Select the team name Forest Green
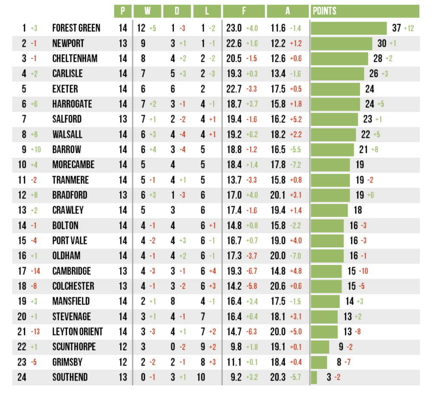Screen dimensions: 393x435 [76, 28]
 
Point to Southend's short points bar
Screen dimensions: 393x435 [314, 377]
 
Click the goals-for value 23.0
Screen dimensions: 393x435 [234, 28]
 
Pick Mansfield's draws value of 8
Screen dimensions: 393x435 [173, 301]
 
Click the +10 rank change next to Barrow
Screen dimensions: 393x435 [37, 150]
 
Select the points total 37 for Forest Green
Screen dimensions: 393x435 [396, 28]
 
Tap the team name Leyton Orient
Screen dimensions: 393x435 [77, 332]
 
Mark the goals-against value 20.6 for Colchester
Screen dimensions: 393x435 [278, 286]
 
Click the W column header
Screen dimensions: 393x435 [147, 11]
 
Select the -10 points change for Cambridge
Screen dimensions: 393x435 [363, 271]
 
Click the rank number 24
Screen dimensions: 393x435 [22, 377]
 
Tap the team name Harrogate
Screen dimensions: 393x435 [72, 104]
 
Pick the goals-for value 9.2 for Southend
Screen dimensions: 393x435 [236, 377]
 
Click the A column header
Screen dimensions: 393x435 [288, 11]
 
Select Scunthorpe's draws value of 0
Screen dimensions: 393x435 [173, 347]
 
